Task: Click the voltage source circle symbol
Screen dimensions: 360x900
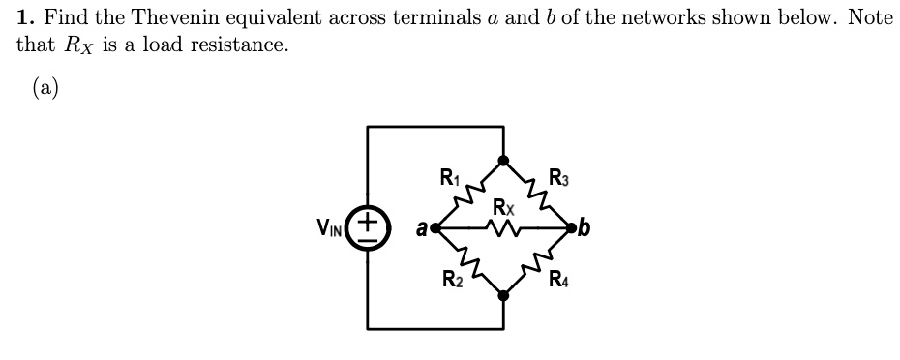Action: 369,228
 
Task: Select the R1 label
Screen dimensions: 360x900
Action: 450,177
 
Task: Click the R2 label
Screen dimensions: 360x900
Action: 451,282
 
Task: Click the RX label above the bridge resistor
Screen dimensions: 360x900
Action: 502,206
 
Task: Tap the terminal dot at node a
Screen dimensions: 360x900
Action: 436,229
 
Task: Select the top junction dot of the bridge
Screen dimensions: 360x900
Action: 503,161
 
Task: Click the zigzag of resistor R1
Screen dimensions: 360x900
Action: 469,195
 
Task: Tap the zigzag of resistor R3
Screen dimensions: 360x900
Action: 537,195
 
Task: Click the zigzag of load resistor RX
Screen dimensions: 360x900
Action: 503,229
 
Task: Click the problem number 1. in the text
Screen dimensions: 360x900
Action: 25,17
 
